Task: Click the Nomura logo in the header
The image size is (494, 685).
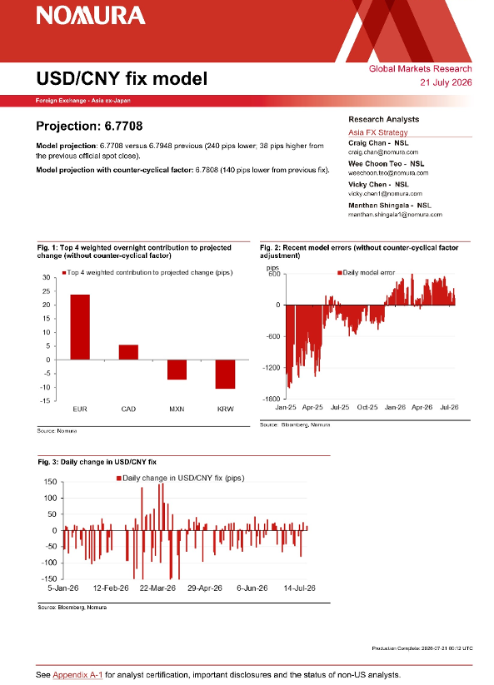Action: [91, 16]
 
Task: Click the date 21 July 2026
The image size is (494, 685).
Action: [446, 82]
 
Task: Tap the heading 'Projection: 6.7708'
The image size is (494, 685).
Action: [89, 126]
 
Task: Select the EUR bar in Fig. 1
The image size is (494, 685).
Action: [80, 327]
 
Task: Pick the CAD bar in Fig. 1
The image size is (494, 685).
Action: [128, 352]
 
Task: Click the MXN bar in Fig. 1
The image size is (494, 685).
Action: [177, 370]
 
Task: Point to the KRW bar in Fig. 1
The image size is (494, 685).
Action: [226, 375]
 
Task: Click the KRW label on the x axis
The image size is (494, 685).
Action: [226, 409]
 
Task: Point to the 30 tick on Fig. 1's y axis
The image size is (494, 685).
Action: [47, 277]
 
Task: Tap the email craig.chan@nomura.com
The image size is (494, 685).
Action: [383, 152]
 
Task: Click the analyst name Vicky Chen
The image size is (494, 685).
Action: [367, 184]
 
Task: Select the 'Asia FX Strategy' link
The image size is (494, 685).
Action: [378, 132]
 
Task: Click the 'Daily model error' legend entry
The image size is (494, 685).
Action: [367, 273]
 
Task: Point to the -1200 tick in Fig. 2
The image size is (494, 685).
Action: [271, 368]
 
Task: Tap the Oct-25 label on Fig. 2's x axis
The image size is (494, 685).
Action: [367, 407]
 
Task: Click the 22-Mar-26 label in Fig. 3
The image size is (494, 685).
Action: [157, 588]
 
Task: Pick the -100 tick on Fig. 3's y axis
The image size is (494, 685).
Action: [49, 563]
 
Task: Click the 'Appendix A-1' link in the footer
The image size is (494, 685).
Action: [77, 675]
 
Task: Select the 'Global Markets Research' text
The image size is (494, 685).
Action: [421, 68]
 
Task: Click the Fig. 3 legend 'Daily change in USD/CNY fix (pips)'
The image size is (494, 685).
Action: [181, 478]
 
